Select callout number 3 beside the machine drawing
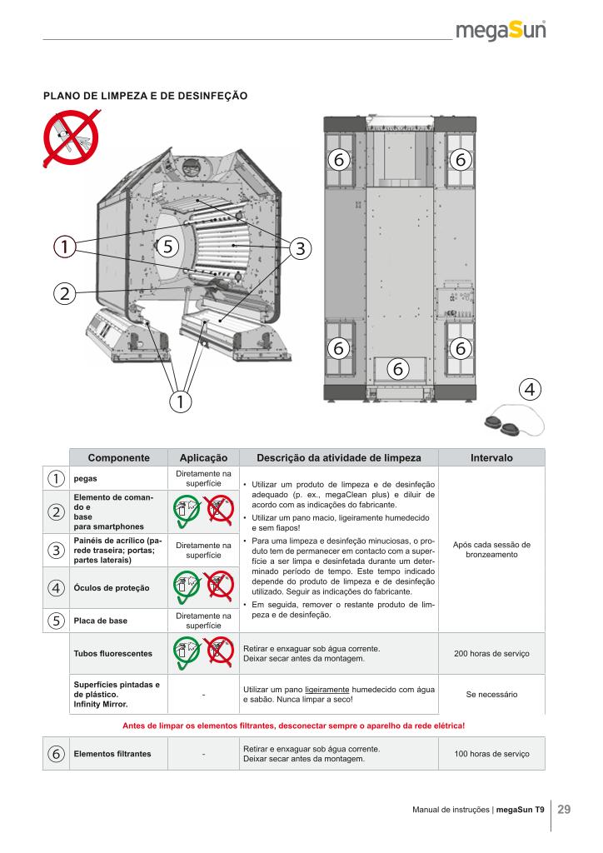click(300, 247)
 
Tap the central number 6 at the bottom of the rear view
click(397, 367)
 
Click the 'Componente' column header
click(118, 457)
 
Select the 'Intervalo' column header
click(491, 457)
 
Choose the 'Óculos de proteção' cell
click(113, 588)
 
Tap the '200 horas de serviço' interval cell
click(491, 653)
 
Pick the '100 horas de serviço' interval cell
click(491, 754)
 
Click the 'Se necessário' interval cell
click(491, 693)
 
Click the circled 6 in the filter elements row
click(56, 754)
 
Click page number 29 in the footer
click(564, 810)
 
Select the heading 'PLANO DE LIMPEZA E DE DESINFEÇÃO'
click(146, 96)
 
